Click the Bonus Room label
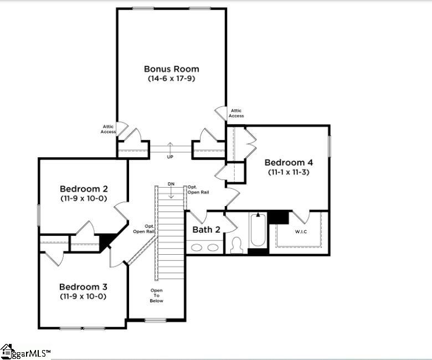tap(171, 69)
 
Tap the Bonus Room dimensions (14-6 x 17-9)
tap(171, 79)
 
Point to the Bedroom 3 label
tap(83, 287)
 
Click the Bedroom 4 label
tap(289, 162)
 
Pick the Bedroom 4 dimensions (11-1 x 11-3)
tap(289, 172)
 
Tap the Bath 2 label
tap(207, 230)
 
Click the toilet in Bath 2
tap(236, 245)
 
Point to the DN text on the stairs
tap(171, 184)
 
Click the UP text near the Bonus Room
tap(170, 157)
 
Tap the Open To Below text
tap(156, 295)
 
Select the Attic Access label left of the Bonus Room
tap(108, 129)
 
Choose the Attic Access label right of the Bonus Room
tap(236, 113)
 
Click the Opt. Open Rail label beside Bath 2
tap(198, 189)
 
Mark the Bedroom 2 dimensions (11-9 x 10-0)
tap(83, 198)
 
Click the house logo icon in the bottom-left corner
tap(7, 351)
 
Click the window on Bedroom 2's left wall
tap(39, 215)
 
